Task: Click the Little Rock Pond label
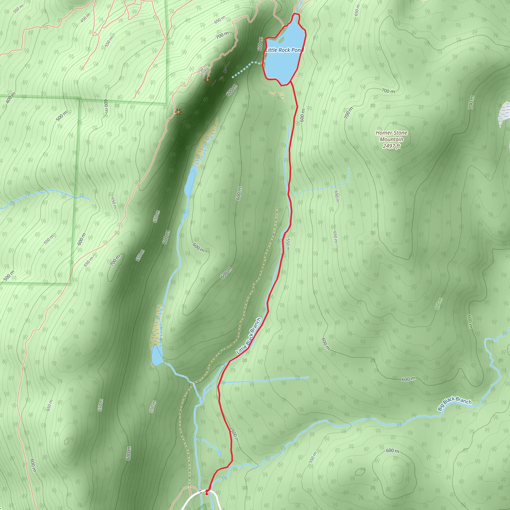click(285, 50)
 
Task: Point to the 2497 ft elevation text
click(391, 146)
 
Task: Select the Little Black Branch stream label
click(249, 336)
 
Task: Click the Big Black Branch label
click(454, 403)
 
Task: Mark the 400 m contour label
click(10, 98)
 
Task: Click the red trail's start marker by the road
click(207, 492)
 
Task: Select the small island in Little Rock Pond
click(281, 40)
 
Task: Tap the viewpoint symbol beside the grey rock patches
click(207, 80)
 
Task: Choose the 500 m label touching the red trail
click(234, 435)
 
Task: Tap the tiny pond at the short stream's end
click(219, 453)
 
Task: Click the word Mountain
click(391, 139)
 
